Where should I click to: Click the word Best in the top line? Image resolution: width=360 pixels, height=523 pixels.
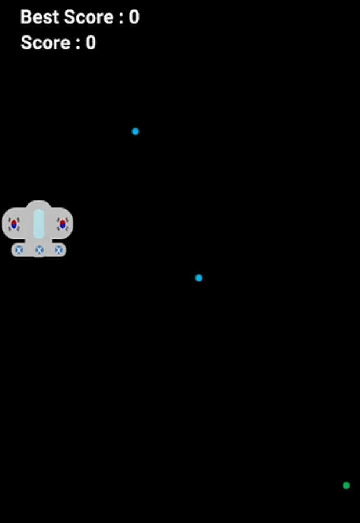coord(39,17)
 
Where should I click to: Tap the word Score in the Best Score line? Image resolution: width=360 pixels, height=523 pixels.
coord(88,17)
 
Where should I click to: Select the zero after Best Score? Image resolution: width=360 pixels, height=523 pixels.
coord(134,17)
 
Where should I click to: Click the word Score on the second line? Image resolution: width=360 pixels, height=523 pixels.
coord(45,42)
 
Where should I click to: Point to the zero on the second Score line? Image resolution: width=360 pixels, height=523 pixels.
coord(91,42)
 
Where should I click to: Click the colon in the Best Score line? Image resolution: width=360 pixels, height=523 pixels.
coord(121,19)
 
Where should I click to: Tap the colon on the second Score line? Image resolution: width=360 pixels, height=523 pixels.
coord(78,44)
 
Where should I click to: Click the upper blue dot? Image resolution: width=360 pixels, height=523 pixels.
coord(136,131)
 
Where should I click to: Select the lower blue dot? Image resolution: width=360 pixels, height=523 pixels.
coord(199,278)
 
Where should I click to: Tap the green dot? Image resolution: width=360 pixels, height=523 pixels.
coord(346,485)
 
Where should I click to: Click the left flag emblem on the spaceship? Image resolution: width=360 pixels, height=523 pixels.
coord(14,224)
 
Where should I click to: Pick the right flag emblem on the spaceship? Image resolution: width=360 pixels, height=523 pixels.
coord(62,224)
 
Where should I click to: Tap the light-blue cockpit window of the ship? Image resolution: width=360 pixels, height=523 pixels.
coord(39,224)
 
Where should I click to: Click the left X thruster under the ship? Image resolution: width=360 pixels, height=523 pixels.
coord(19,250)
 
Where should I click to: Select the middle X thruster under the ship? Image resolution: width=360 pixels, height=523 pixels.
coord(40,250)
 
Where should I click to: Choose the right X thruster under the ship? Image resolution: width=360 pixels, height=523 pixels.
coord(59,250)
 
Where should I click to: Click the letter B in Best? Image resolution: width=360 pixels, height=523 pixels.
coord(26,17)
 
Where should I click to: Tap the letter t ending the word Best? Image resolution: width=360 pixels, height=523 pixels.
coord(55,17)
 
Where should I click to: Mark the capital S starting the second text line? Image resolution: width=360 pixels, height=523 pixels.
coord(26,42)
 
